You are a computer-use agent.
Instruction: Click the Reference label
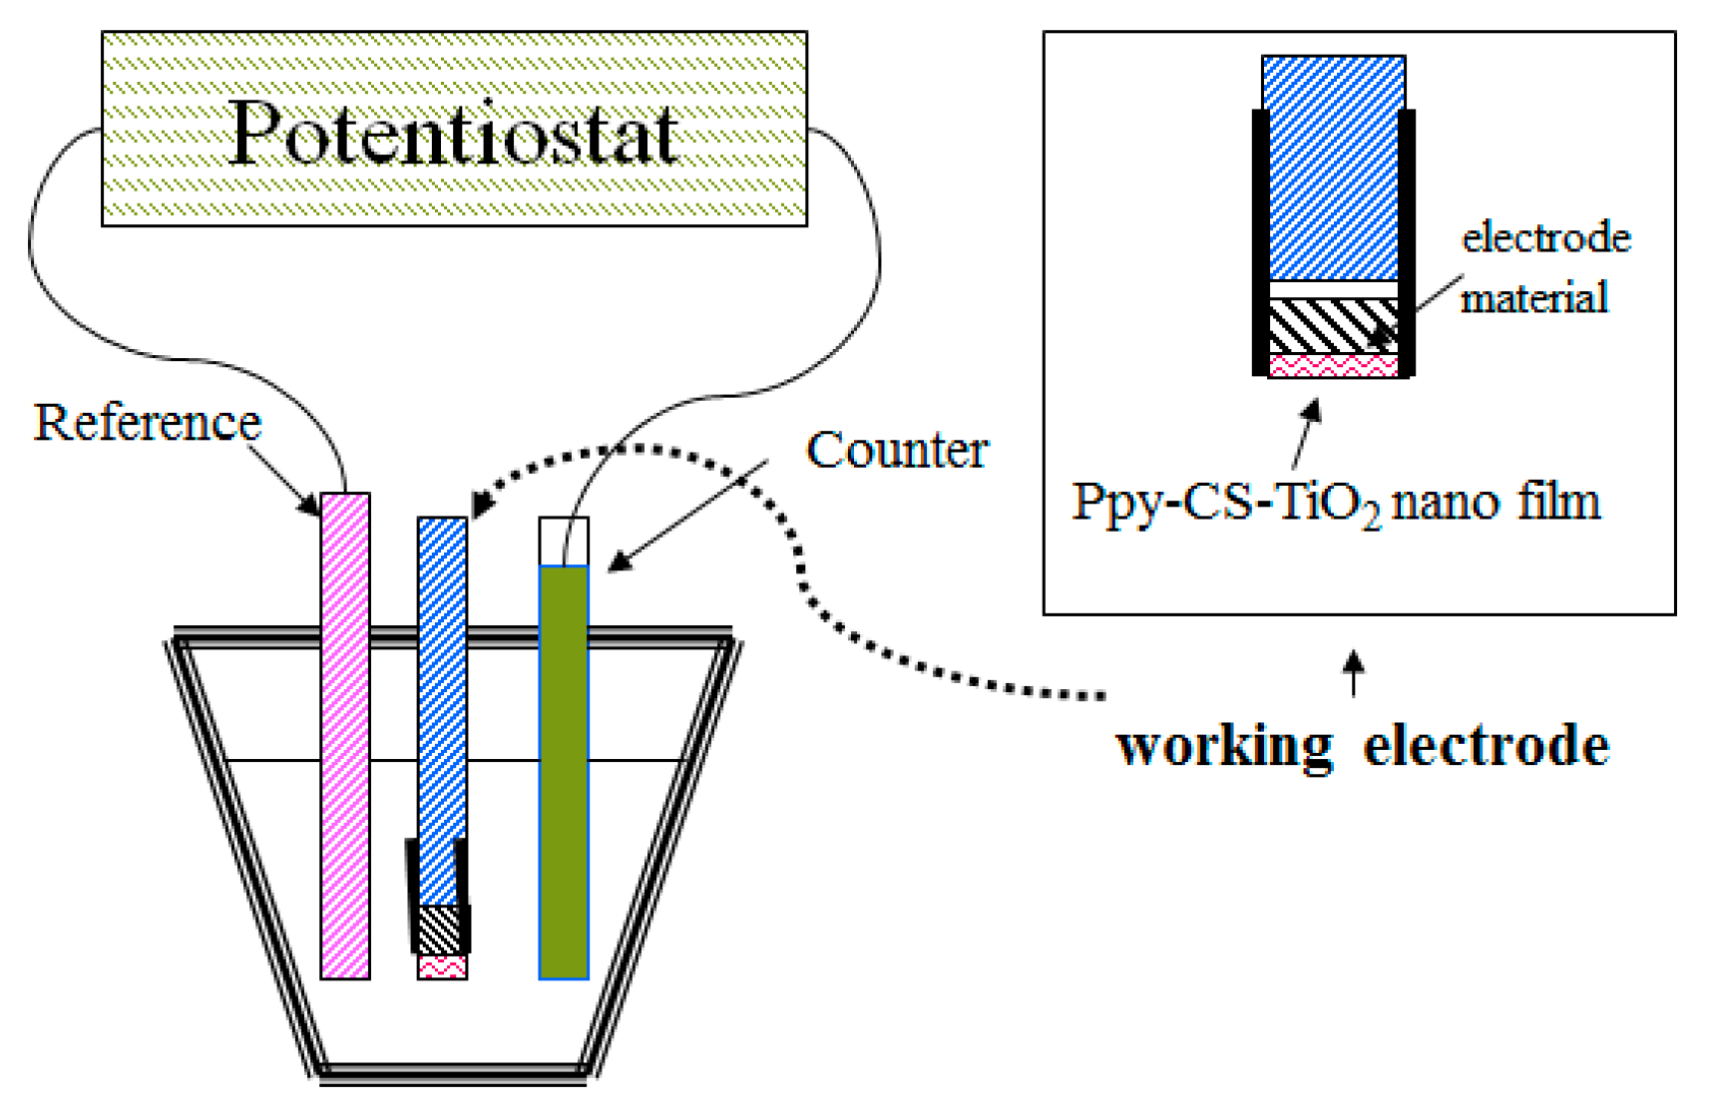pos(147,422)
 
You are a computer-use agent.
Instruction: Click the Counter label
pos(896,450)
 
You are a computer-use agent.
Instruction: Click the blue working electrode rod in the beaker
pos(442,698)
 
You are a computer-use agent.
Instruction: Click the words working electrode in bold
pos(1362,746)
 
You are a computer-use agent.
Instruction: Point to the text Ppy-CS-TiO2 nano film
pos(1335,502)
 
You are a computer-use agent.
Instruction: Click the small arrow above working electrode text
pos(1353,674)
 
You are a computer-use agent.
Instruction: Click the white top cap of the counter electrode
pos(564,542)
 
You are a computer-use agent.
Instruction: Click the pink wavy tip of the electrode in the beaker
pos(442,966)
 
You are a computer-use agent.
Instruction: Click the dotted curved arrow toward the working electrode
pos(798,568)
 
